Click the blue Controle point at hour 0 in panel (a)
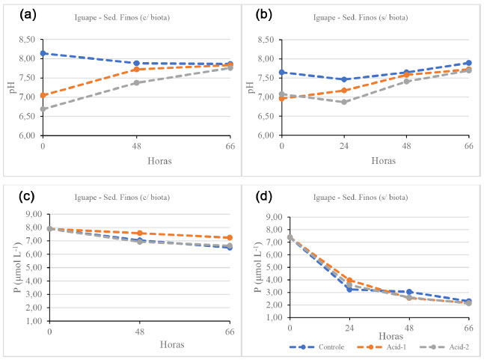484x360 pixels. click(x=43, y=54)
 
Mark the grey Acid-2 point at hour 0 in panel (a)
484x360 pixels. click(x=43, y=109)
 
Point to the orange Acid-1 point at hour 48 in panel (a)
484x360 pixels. click(x=136, y=70)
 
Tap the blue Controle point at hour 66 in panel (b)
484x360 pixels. click(x=468, y=63)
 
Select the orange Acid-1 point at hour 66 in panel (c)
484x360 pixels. click(x=229, y=238)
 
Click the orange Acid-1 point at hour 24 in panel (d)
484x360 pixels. click(x=349, y=281)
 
